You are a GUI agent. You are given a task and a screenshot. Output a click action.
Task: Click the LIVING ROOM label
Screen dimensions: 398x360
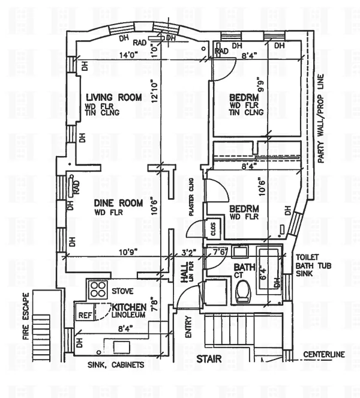[x=113, y=97]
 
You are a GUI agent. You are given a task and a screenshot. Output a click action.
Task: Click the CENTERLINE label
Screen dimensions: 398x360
[x=325, y=354]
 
